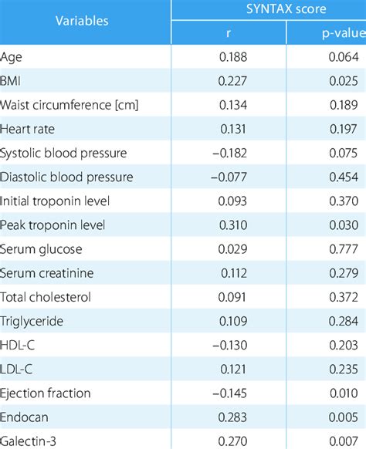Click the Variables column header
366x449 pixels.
pyautogui.click(x=82, y=20)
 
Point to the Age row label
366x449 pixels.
pyautogui.click(x=12, y=57)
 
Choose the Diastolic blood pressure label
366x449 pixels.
pyautogui.click(x=67, y=177)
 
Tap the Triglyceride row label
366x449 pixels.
pyautogui.click(x=32, y=321)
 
